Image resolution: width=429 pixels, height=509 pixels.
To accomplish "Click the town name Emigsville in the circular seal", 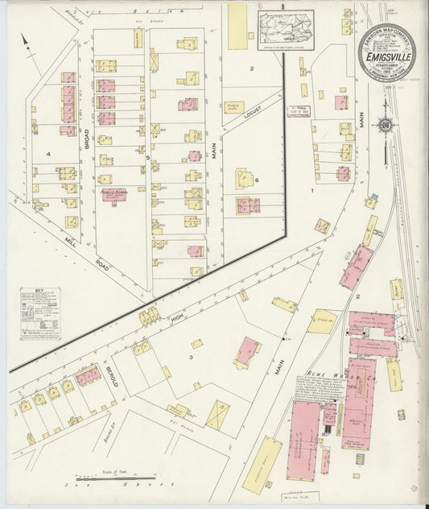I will [386, 56].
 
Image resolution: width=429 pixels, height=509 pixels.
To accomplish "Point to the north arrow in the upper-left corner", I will [26, 42].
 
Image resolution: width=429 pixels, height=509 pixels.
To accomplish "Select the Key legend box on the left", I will [40, 313].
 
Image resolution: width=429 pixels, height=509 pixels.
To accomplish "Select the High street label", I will [177, 319].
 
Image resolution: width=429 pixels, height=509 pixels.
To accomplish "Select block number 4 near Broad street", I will [48, 154].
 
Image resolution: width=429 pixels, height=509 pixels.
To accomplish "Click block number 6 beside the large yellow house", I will [257, 180].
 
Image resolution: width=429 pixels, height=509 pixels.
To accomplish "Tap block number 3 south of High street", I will [191, 356].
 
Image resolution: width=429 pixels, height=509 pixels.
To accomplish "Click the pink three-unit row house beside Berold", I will [88, 375].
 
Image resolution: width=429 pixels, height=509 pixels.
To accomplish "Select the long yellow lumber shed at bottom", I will [262, 465].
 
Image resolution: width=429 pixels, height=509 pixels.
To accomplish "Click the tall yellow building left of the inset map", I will [237, 25].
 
